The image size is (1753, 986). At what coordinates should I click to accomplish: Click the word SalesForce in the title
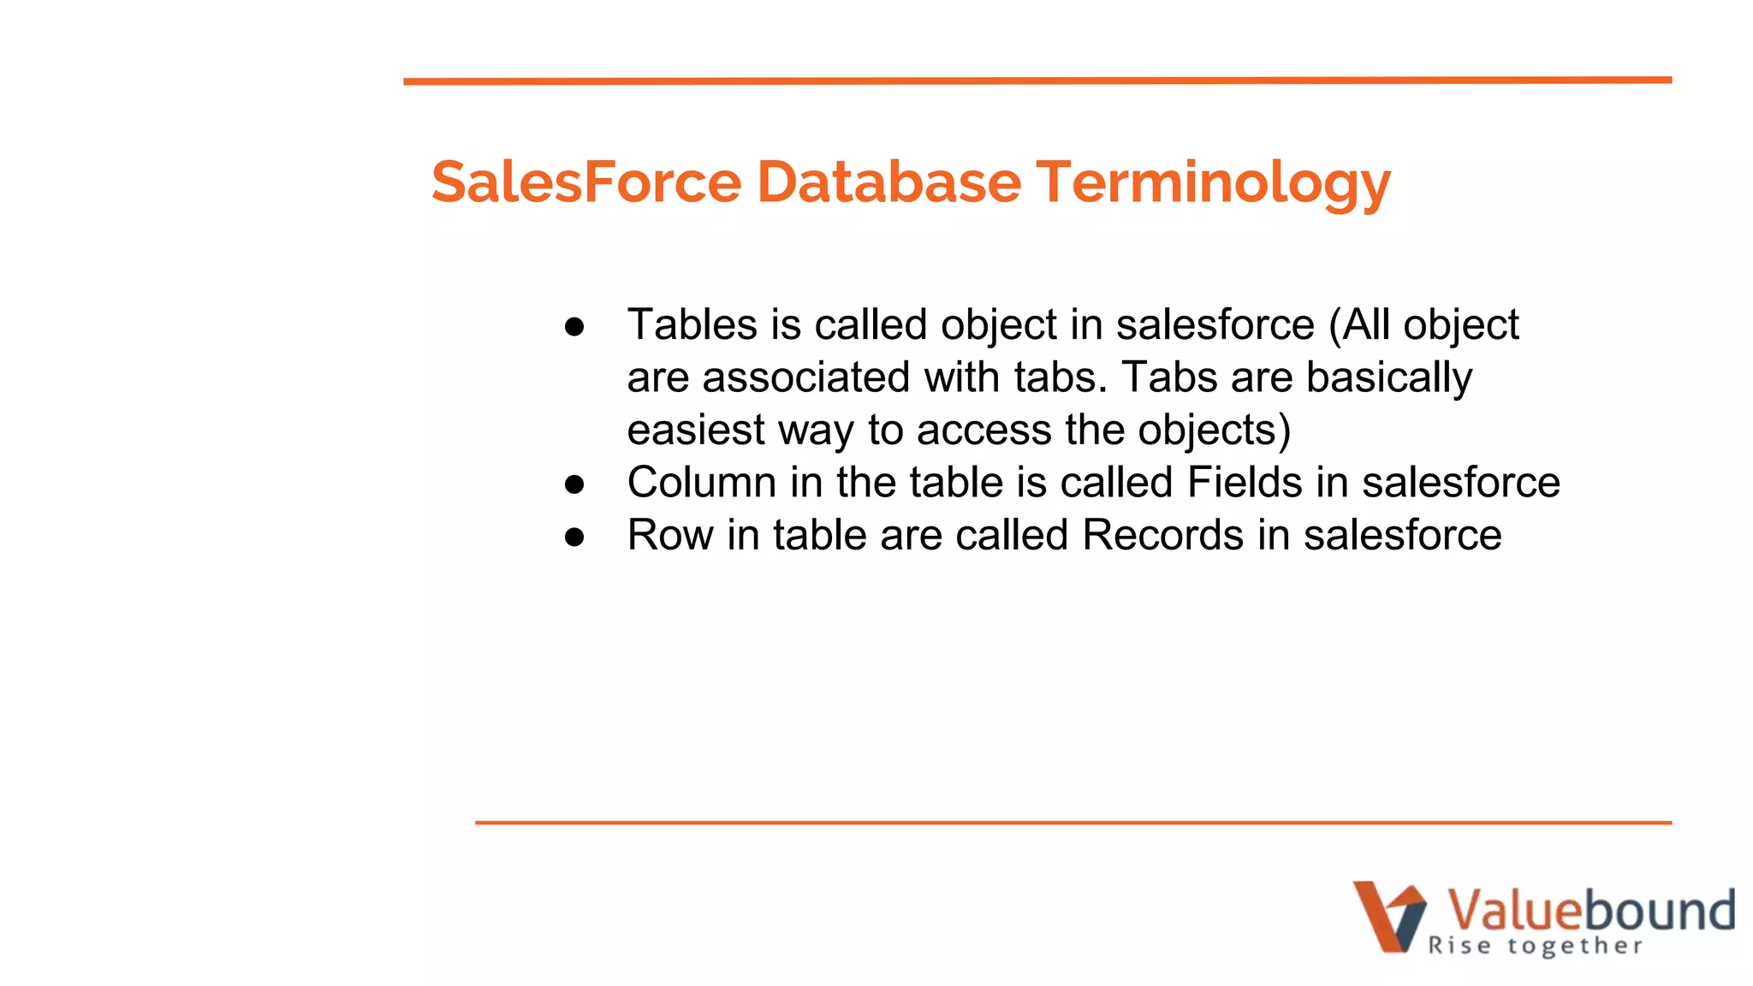point(586,182)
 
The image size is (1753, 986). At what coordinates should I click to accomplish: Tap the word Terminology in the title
point(1213,184)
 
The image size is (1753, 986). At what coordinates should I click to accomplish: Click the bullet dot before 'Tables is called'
point(574,326)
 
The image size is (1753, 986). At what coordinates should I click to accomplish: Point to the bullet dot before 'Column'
point(574,484)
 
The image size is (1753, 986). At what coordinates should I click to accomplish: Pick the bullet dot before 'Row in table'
point(574,537)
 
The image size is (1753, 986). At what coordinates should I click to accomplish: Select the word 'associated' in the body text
point(805,377)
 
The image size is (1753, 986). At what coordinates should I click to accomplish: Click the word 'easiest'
point(696,431)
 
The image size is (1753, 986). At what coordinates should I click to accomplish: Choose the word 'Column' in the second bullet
point(701,483)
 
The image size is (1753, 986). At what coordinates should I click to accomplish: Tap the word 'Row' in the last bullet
point(669,536)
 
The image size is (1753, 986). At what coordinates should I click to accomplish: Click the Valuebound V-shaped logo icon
point(1388,916)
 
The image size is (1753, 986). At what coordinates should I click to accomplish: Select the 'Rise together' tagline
point(1535,946)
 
